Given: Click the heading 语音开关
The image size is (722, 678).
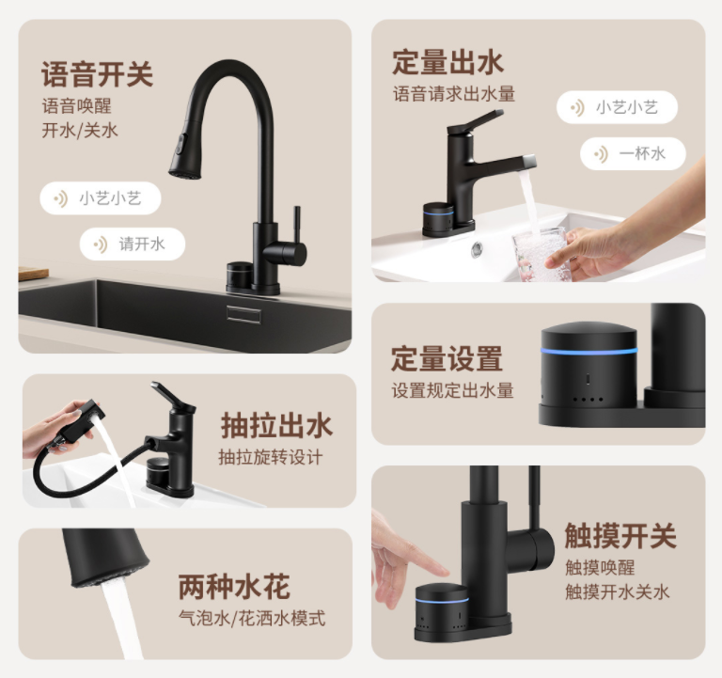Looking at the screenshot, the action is point(97,73).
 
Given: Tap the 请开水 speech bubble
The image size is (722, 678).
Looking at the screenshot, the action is point(133,244).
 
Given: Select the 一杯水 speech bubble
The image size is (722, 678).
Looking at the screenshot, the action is point(633,153).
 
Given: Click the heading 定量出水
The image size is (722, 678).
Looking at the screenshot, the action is point(448,62).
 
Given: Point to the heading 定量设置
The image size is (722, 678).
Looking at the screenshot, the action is point(447,358).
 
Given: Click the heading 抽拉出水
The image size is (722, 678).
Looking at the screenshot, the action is point(276,425).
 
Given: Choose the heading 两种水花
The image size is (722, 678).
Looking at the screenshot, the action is point(234,587).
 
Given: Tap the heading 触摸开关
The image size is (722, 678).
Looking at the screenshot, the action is point(620,536).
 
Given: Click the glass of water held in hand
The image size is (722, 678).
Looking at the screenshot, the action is point(539,254).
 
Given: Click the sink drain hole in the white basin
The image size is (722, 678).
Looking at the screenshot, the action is point(477,249).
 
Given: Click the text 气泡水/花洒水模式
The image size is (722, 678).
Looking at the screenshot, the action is point(252,618).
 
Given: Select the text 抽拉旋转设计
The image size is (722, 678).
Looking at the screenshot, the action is point(271,457).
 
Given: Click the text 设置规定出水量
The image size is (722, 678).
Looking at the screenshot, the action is point(452,390).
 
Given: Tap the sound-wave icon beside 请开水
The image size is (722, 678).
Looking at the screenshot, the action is point(101,244).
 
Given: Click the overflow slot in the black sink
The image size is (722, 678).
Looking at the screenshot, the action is point(243,314).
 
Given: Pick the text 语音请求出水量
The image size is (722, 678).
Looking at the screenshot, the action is point(454,94).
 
